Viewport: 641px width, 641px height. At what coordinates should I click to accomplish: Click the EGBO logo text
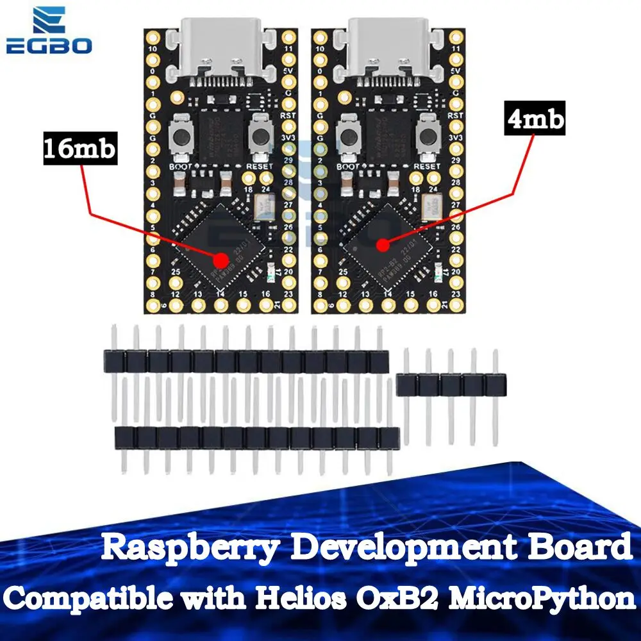pyautogui.click(x=49, y=46)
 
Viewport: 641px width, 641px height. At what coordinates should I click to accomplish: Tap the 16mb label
pyautogui.click(x=79, y=150)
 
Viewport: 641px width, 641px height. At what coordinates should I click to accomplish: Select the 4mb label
pyautogui.click(x=535, y=119)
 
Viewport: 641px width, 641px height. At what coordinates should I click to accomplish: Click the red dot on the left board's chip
pyautogui.click(x=221, y=260)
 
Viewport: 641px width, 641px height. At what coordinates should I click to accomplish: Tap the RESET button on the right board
pyautogui.click(x=424, y=135)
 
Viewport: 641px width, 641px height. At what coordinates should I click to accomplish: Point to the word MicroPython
pyautogui.click(x=551, y=599)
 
